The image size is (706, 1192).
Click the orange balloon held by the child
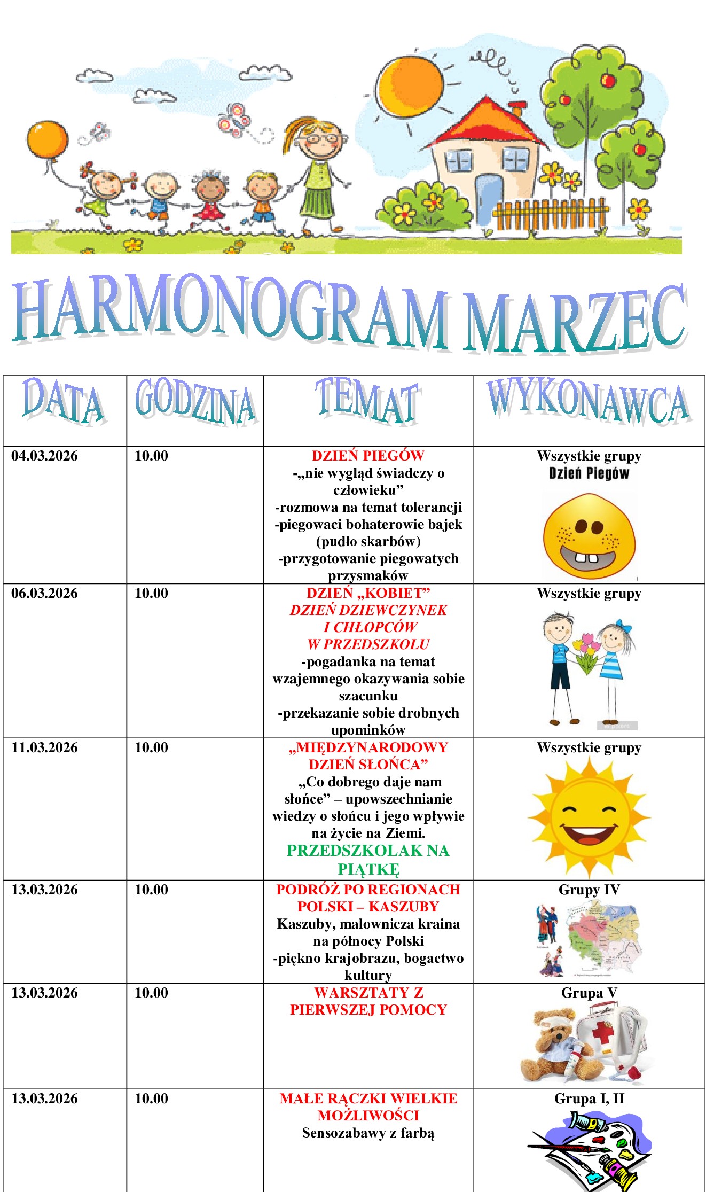pyautogui.click(x=47, y=139)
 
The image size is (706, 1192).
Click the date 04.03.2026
pyautogui.click(x=45, y=456)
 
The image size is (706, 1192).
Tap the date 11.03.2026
pyautogui.click(x=45, y=747)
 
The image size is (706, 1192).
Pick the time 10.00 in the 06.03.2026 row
pyautogui.click(x=151, y=593)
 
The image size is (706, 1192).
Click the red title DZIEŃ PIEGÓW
pyautogui.click(x=368, y=456)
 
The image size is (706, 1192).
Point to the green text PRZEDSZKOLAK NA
pyautogui.click(x=368, y=851)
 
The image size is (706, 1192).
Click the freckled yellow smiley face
pyautogui.click(x=589, y=536)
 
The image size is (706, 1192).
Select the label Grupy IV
pyautogui.click(x=589, y=890)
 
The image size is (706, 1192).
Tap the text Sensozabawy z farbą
pyautogui.click(x=368, y=1133)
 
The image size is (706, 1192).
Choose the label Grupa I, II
pyautogui.click(x=589, y=1098)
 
